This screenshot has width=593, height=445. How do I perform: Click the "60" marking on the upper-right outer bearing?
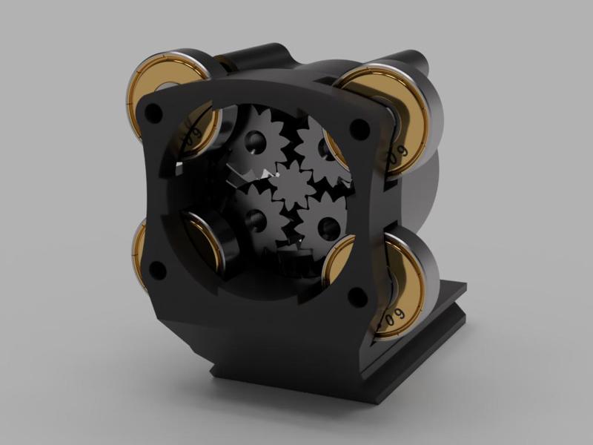(x=401, y=153)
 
